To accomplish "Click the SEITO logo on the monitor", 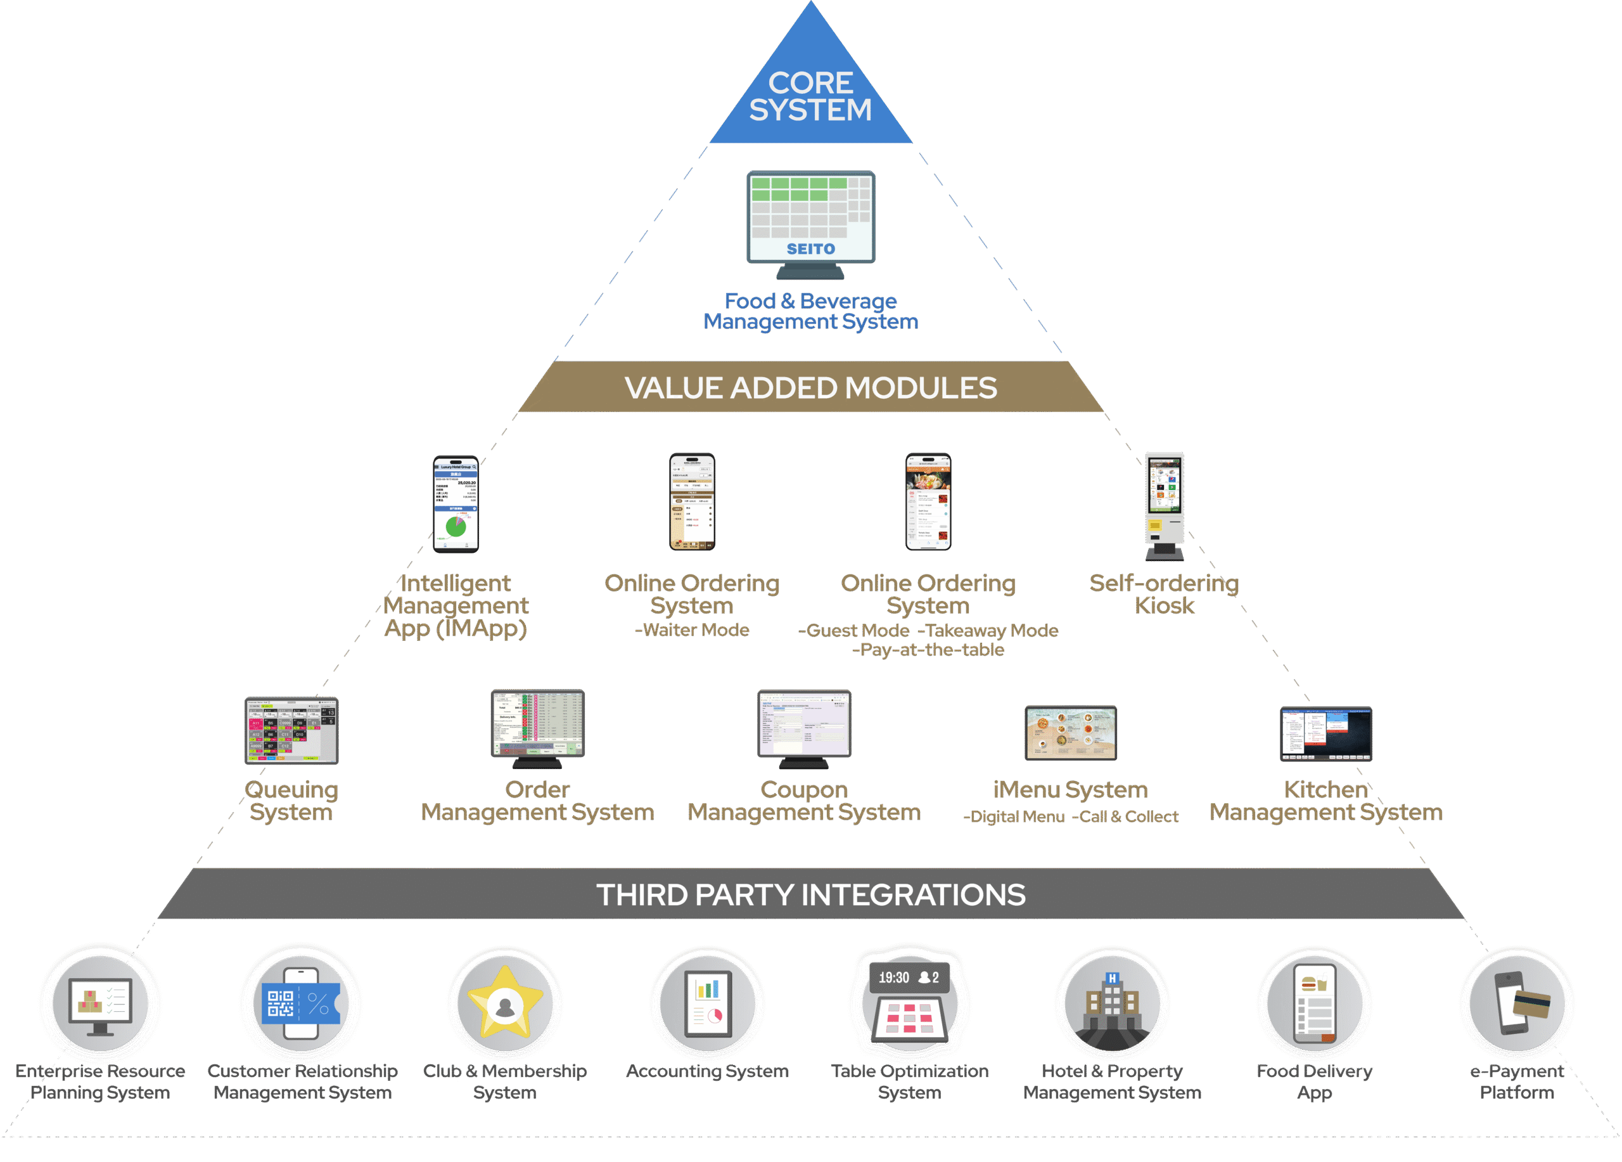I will [x=810, y=249].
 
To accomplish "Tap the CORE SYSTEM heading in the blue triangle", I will [x=810, y=96].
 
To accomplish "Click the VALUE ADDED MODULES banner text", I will [x=810, y=388].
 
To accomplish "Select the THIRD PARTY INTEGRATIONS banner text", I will [x=810, y=894].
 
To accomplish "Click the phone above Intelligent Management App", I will [x=456, y=505].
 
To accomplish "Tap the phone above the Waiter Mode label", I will [x=691, y=501].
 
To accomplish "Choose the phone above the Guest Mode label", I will [x=928, y=501].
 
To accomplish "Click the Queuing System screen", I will [x=291, y=730].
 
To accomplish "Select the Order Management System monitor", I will [x=537, y=724].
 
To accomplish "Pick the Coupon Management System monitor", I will [x=804, y=724].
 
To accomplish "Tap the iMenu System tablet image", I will [x=1070, y=733].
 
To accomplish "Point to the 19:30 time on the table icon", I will [x=893, y=978].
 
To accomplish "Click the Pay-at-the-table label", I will [x=928, y=650].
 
